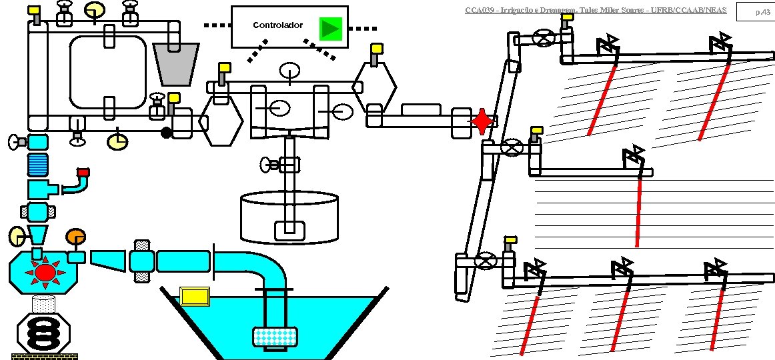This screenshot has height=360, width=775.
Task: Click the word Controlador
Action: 277,25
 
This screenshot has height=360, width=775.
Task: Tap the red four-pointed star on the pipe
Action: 482,122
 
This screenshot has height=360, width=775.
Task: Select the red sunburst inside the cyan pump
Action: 45,272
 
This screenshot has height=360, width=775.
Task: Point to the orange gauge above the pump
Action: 75,237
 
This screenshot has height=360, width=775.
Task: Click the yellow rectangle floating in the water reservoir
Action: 195,295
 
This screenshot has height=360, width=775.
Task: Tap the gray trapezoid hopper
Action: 176,64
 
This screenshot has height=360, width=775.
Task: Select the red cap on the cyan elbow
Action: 83,173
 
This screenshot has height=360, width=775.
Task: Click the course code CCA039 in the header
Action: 478,10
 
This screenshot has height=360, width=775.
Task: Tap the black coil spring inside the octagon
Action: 43,331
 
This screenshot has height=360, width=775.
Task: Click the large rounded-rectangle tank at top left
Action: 108,71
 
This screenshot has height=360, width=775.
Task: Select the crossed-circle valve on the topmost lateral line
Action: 546,38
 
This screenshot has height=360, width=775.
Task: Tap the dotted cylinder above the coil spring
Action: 43,305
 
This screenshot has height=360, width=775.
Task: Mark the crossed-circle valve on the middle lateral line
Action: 512,147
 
